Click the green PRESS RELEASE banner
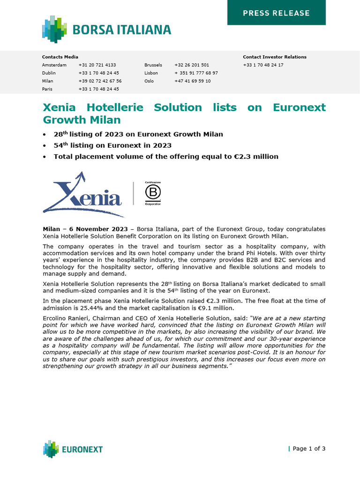point(276,13)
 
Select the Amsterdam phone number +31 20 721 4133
point(97,65)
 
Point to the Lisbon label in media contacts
point(151,73)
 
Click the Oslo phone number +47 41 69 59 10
point(192,81)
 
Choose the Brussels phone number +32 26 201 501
point(192,65)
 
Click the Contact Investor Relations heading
point(274,57)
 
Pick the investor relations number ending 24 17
point(263,65)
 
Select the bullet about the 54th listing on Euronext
point(112,145)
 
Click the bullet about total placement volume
point(166,157)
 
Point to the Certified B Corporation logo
point(152,193)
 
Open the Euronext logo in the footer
point(73,449)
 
